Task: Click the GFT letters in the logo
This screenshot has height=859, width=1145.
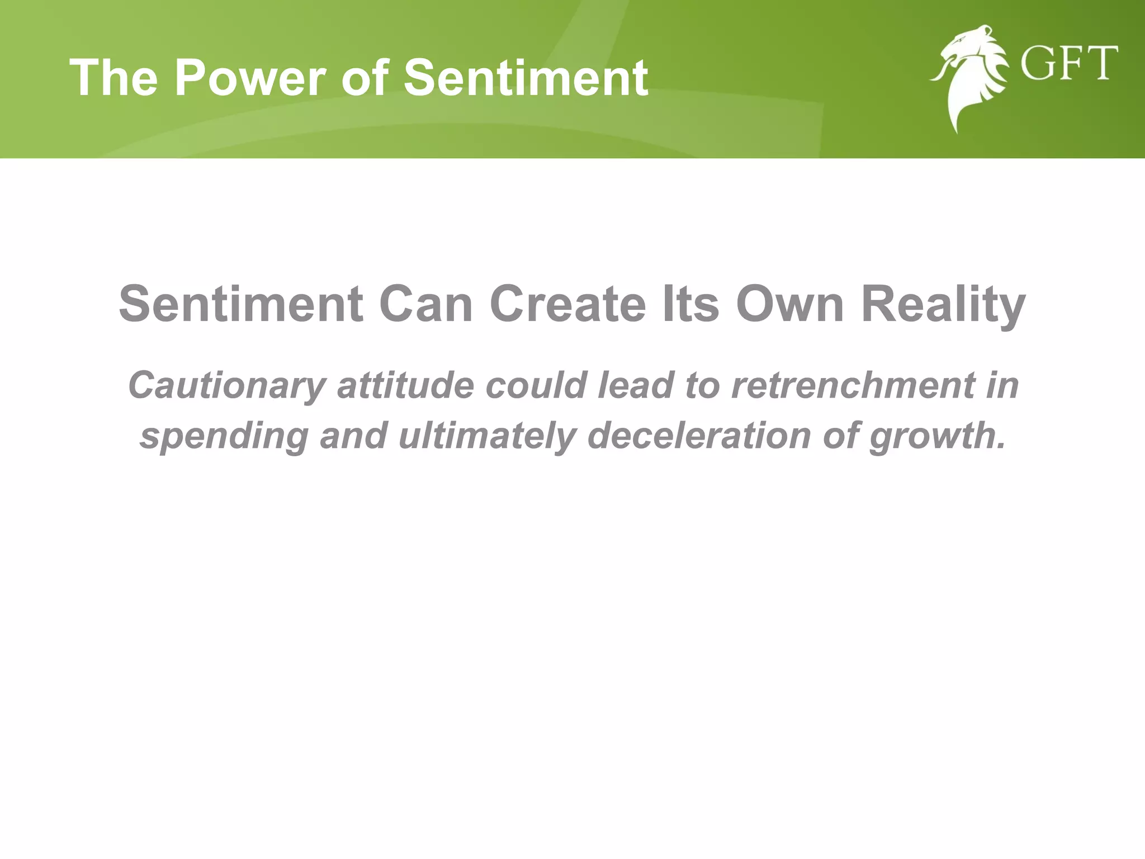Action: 1069,64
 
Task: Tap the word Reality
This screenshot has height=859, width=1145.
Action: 943,305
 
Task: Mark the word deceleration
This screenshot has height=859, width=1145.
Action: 699,435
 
